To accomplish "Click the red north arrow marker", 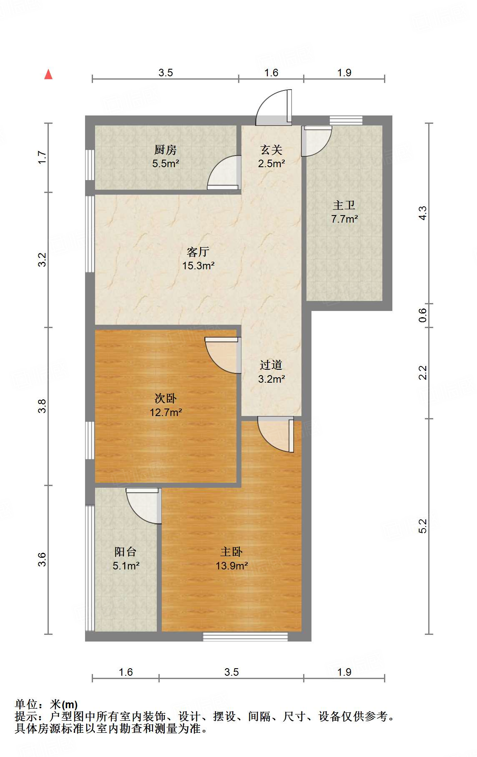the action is click(48, 74).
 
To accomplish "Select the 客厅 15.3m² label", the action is click(198, 258).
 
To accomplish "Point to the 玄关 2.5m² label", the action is click(271, 156).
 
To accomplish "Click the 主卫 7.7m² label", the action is click(344, 212).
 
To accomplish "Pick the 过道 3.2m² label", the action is click(271, 372).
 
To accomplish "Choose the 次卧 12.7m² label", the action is click(166, 405).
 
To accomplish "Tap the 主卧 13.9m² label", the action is click(231, 559).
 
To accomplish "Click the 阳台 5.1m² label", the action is click(126, 559).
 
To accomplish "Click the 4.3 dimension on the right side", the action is click(423, 213).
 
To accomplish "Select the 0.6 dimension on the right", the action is click(423, 315).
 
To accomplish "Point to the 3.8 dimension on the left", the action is click(42, 406).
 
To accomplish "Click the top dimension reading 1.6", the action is click(271, 73).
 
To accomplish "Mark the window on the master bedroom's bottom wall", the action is click(245, 637).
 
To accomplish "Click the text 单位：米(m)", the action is click(46, 704).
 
